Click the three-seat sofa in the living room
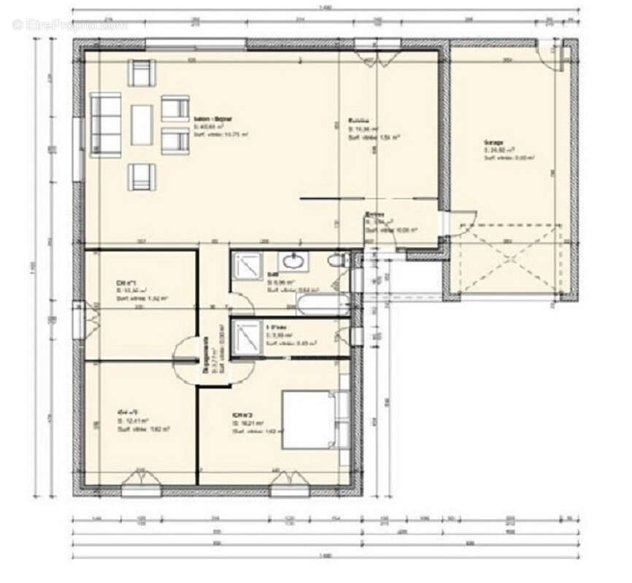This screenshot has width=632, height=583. pos(105,125)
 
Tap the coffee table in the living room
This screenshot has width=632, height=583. pos(142,125)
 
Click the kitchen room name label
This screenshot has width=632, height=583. pos(358,121)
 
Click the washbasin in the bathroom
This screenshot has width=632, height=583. pos(295,260)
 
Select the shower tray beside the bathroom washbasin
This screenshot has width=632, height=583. pos(248,267)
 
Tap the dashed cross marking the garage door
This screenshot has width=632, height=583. pos(506,259)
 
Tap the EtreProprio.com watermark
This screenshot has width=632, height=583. pos(69,25)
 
